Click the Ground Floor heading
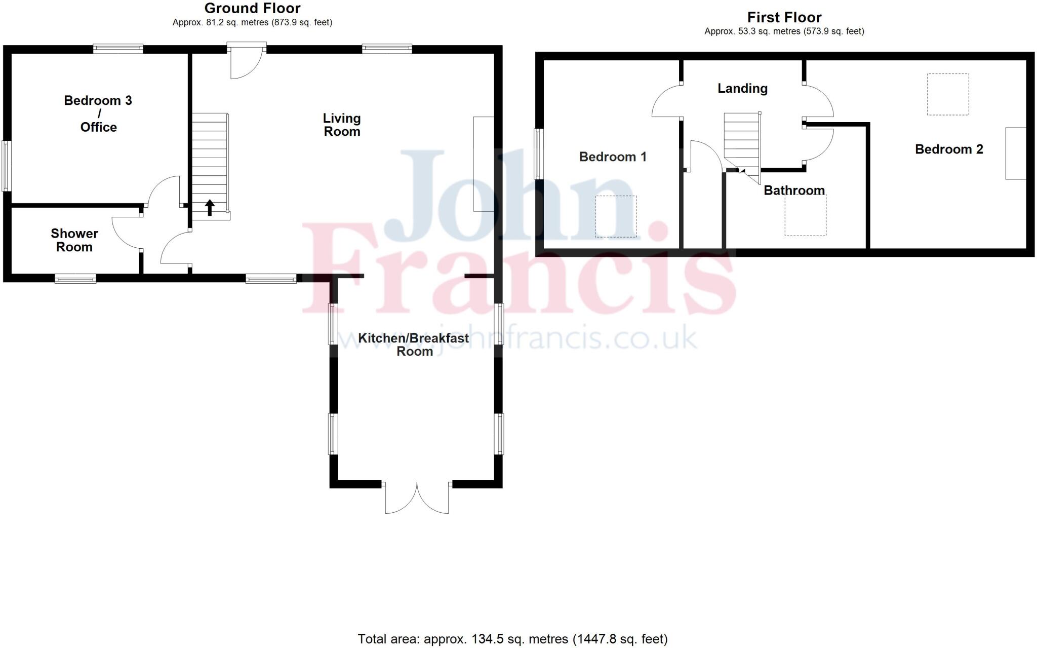(252, 9)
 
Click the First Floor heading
(784, 18)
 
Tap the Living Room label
(342, 125)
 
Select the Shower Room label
(74, 240)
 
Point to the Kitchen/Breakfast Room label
(414, 345)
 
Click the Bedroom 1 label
(613, 157)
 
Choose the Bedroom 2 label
(949, 149)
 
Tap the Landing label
(742, 89)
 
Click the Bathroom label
(794, 190)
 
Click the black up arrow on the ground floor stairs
(210, 208)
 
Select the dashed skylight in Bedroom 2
(948, 94)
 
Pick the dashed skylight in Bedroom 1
(616, 216)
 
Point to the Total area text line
(512, 639)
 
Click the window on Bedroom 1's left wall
(539, 154)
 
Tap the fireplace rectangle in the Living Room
(484, 164)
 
